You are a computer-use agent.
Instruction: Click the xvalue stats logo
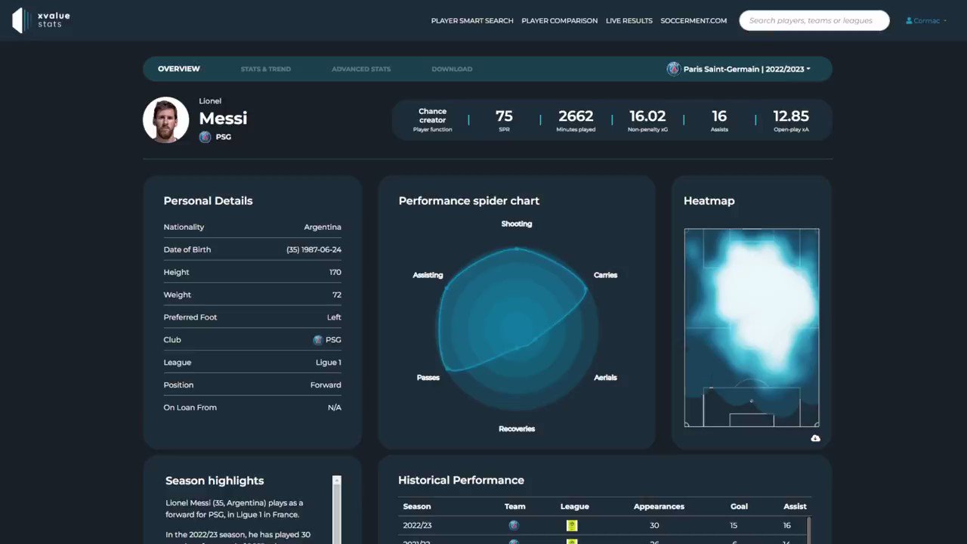coord(42,20)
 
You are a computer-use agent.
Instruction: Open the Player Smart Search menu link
coord(472,21)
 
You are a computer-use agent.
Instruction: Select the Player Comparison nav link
coord(559,21)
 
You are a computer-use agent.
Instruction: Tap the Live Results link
coord(629,21)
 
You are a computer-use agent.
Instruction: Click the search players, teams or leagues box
coord(814,21)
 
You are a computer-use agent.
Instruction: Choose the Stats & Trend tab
coord(265,70)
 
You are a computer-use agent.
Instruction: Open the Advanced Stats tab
coord(361,70)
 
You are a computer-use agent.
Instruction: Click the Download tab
coord(452,70)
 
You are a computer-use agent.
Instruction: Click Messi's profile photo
coord(166,119)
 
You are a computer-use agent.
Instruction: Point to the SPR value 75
coord(504,116)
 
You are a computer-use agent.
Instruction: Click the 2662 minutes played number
coord(576,116)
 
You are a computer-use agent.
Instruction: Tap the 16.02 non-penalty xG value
coord(647,116)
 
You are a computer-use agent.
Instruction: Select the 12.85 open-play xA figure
coord(791,116)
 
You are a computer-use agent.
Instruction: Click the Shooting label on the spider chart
coord(517,224)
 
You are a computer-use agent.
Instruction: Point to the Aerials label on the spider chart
coord(605,378)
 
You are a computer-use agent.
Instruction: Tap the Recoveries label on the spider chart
coord(517,429)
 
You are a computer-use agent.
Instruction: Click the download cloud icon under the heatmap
coord(815,438)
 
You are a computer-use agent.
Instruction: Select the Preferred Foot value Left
coord(334,317)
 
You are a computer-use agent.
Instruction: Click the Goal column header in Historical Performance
coord(739,506)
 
